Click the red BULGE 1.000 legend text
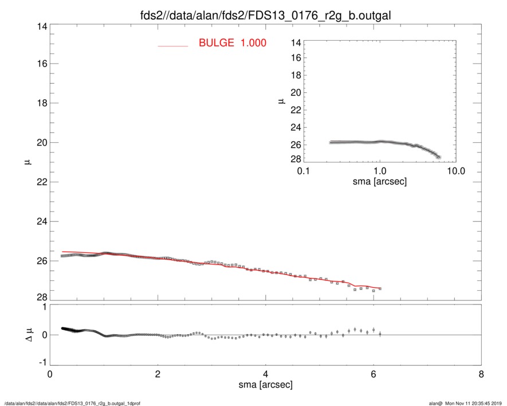232,43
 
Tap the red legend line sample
172,45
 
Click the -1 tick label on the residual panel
41,362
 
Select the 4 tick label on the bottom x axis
265,375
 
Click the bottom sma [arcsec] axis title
265,387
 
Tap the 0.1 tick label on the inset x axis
304,170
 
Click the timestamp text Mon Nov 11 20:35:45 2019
475,403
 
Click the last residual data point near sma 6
380,333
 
